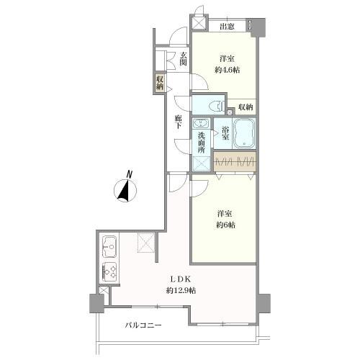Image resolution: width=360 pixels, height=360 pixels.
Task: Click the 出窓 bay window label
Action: click(227, 26)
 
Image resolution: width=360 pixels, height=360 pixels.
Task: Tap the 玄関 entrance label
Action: click(183, 59)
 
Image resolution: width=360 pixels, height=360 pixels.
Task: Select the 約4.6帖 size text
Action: click(227, 70)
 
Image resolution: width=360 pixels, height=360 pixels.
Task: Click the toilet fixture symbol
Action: click(216, 106)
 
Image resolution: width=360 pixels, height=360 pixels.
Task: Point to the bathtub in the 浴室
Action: click(244, 133)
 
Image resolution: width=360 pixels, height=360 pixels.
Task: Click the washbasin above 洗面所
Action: click(201, 124)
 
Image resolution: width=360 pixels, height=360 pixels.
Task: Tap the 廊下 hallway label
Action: click(178, 122)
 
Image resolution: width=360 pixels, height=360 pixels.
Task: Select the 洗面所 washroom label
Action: click(202, 143)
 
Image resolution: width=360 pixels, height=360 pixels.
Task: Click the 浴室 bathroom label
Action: click(225, 133)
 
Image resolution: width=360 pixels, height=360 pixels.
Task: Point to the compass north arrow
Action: click(125, 190)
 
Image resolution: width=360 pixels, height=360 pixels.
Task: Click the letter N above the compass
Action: click(130, 174)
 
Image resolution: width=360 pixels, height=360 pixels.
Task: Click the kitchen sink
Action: click(109, 246)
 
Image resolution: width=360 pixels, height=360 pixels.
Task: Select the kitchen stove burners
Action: click(109, 272)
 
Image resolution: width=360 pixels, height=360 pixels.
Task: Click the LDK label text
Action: click(181, 279)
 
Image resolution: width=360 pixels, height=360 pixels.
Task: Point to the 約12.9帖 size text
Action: click(181, 290)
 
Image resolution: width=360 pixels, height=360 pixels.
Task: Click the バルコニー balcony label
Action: click(143, 325)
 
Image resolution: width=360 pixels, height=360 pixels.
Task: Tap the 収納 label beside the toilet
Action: click(246, 107)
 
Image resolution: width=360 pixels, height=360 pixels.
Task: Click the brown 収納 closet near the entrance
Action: click(160, 84)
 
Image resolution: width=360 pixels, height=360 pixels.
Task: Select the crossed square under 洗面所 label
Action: click(201, 163)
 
